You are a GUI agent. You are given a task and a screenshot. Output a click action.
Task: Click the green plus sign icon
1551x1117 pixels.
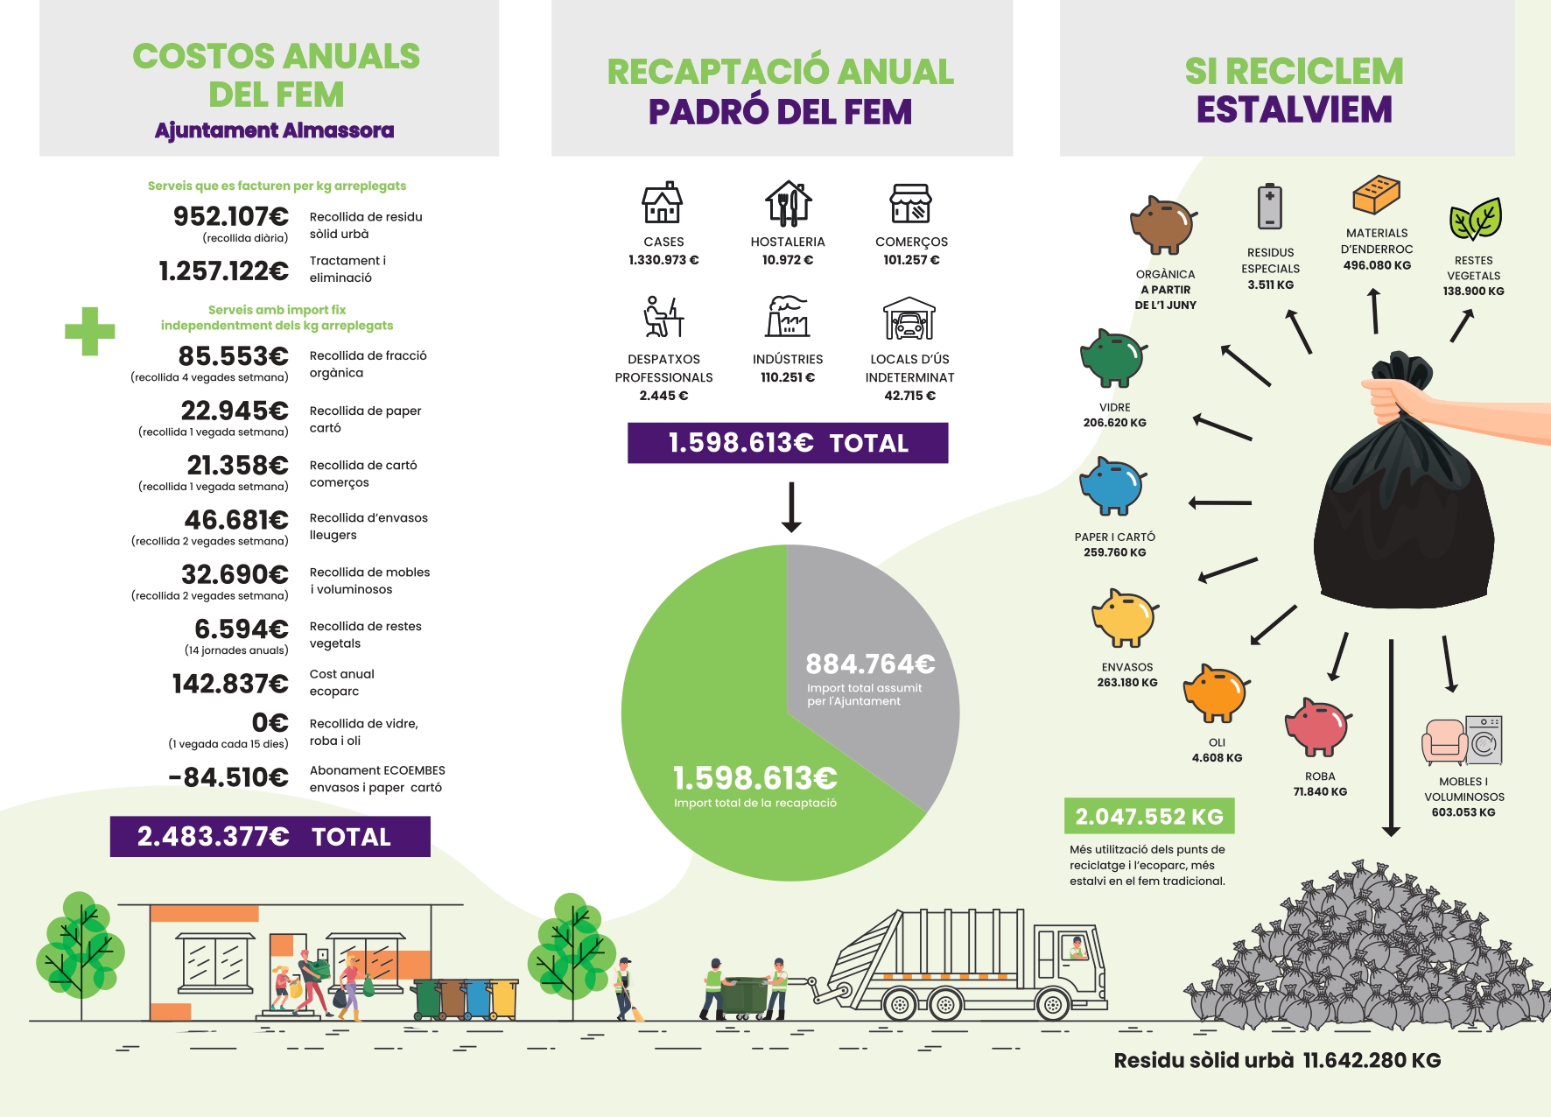click(x=90, y=331)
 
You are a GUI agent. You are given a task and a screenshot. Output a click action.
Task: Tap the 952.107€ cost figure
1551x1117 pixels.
click(x=231, y=216)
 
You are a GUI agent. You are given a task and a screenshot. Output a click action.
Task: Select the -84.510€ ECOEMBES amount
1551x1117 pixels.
click(x=228, y=777)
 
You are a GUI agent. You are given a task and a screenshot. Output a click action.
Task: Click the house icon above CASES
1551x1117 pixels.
click(x=663, y=203)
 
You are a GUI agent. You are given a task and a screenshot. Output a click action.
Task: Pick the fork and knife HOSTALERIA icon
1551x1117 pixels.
click(x=788, y=203)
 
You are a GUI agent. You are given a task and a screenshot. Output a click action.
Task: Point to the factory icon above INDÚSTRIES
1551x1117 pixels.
click(x=788, y=317)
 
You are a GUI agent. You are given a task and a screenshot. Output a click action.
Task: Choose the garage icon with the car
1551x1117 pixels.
click(x=909, y=319)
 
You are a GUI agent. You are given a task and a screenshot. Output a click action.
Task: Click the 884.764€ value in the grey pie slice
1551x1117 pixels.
click(x=870, y=664)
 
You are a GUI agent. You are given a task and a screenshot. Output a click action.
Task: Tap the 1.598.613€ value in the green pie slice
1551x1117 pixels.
click(x=754, y=778)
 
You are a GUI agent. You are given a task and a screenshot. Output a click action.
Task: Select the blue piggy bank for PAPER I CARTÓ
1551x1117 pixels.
click(x=1112, y=487)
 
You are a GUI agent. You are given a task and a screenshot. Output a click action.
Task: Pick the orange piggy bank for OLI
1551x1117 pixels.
click(x=1215, y=693)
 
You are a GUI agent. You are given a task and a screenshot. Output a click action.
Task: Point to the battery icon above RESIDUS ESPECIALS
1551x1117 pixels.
click(x=1269, y=207)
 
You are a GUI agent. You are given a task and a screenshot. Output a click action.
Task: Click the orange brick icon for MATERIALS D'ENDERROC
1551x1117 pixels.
click(x=1376, y=194)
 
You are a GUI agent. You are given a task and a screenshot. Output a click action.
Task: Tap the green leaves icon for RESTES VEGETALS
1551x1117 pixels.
click(x=1475, y=219)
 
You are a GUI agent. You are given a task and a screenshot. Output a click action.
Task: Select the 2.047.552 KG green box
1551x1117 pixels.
click(x=1149, y=817)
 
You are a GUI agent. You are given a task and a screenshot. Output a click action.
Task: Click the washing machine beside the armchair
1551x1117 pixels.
click(x=1484, y=741)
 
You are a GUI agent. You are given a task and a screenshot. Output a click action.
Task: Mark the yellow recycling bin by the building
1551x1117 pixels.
click(x=504, y=999)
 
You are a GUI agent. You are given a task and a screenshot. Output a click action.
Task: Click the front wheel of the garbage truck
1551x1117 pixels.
click(x=1053, y=1004)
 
